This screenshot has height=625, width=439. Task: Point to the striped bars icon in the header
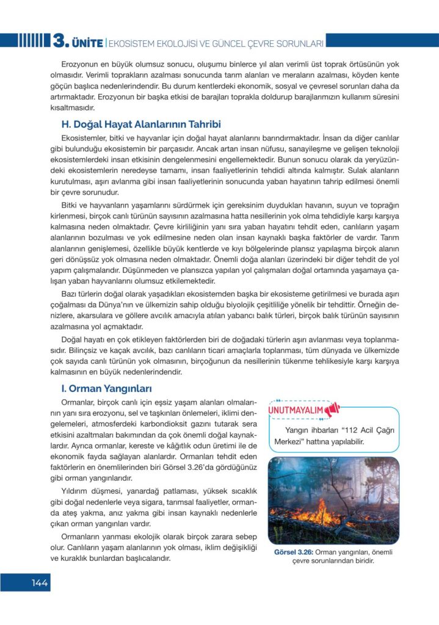31,42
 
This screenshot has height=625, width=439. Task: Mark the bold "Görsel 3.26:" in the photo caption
293,552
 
